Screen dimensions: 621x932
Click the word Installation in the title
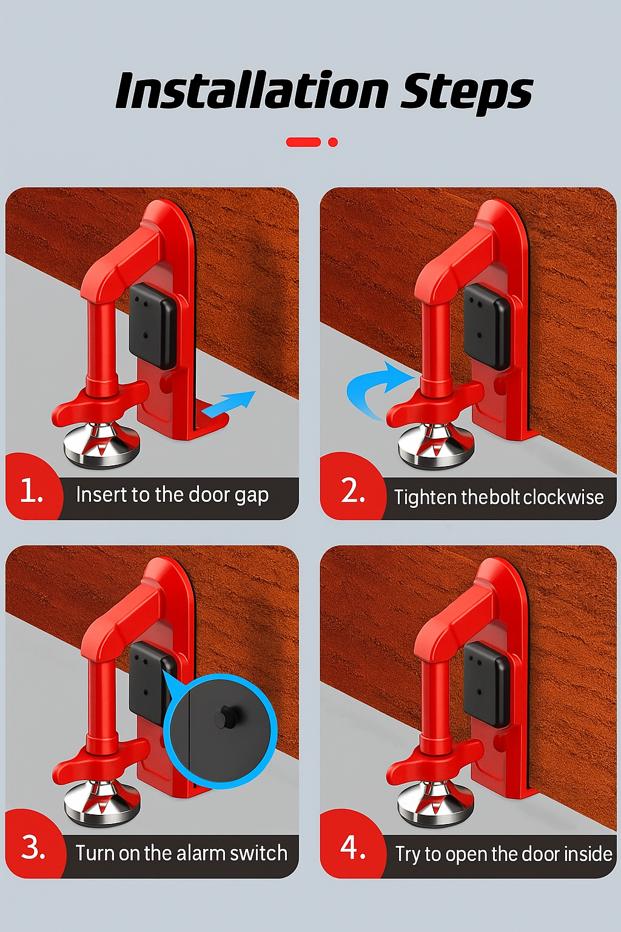pyautogui.click(x=252, y=90)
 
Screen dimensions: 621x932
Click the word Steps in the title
pyautogui.click(x=466, y=93)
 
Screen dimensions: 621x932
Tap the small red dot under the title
pyautogui.click(x=333, y=143)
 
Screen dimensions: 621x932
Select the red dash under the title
pyautogui.click(x=304, y=142)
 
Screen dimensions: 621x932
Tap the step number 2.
pyautogui.click(x=353, y=491)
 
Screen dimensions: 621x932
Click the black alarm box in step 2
pyautogui.click(x=486, y=327)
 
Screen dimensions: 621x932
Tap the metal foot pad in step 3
pyautogui.click(x=102, y=803)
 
